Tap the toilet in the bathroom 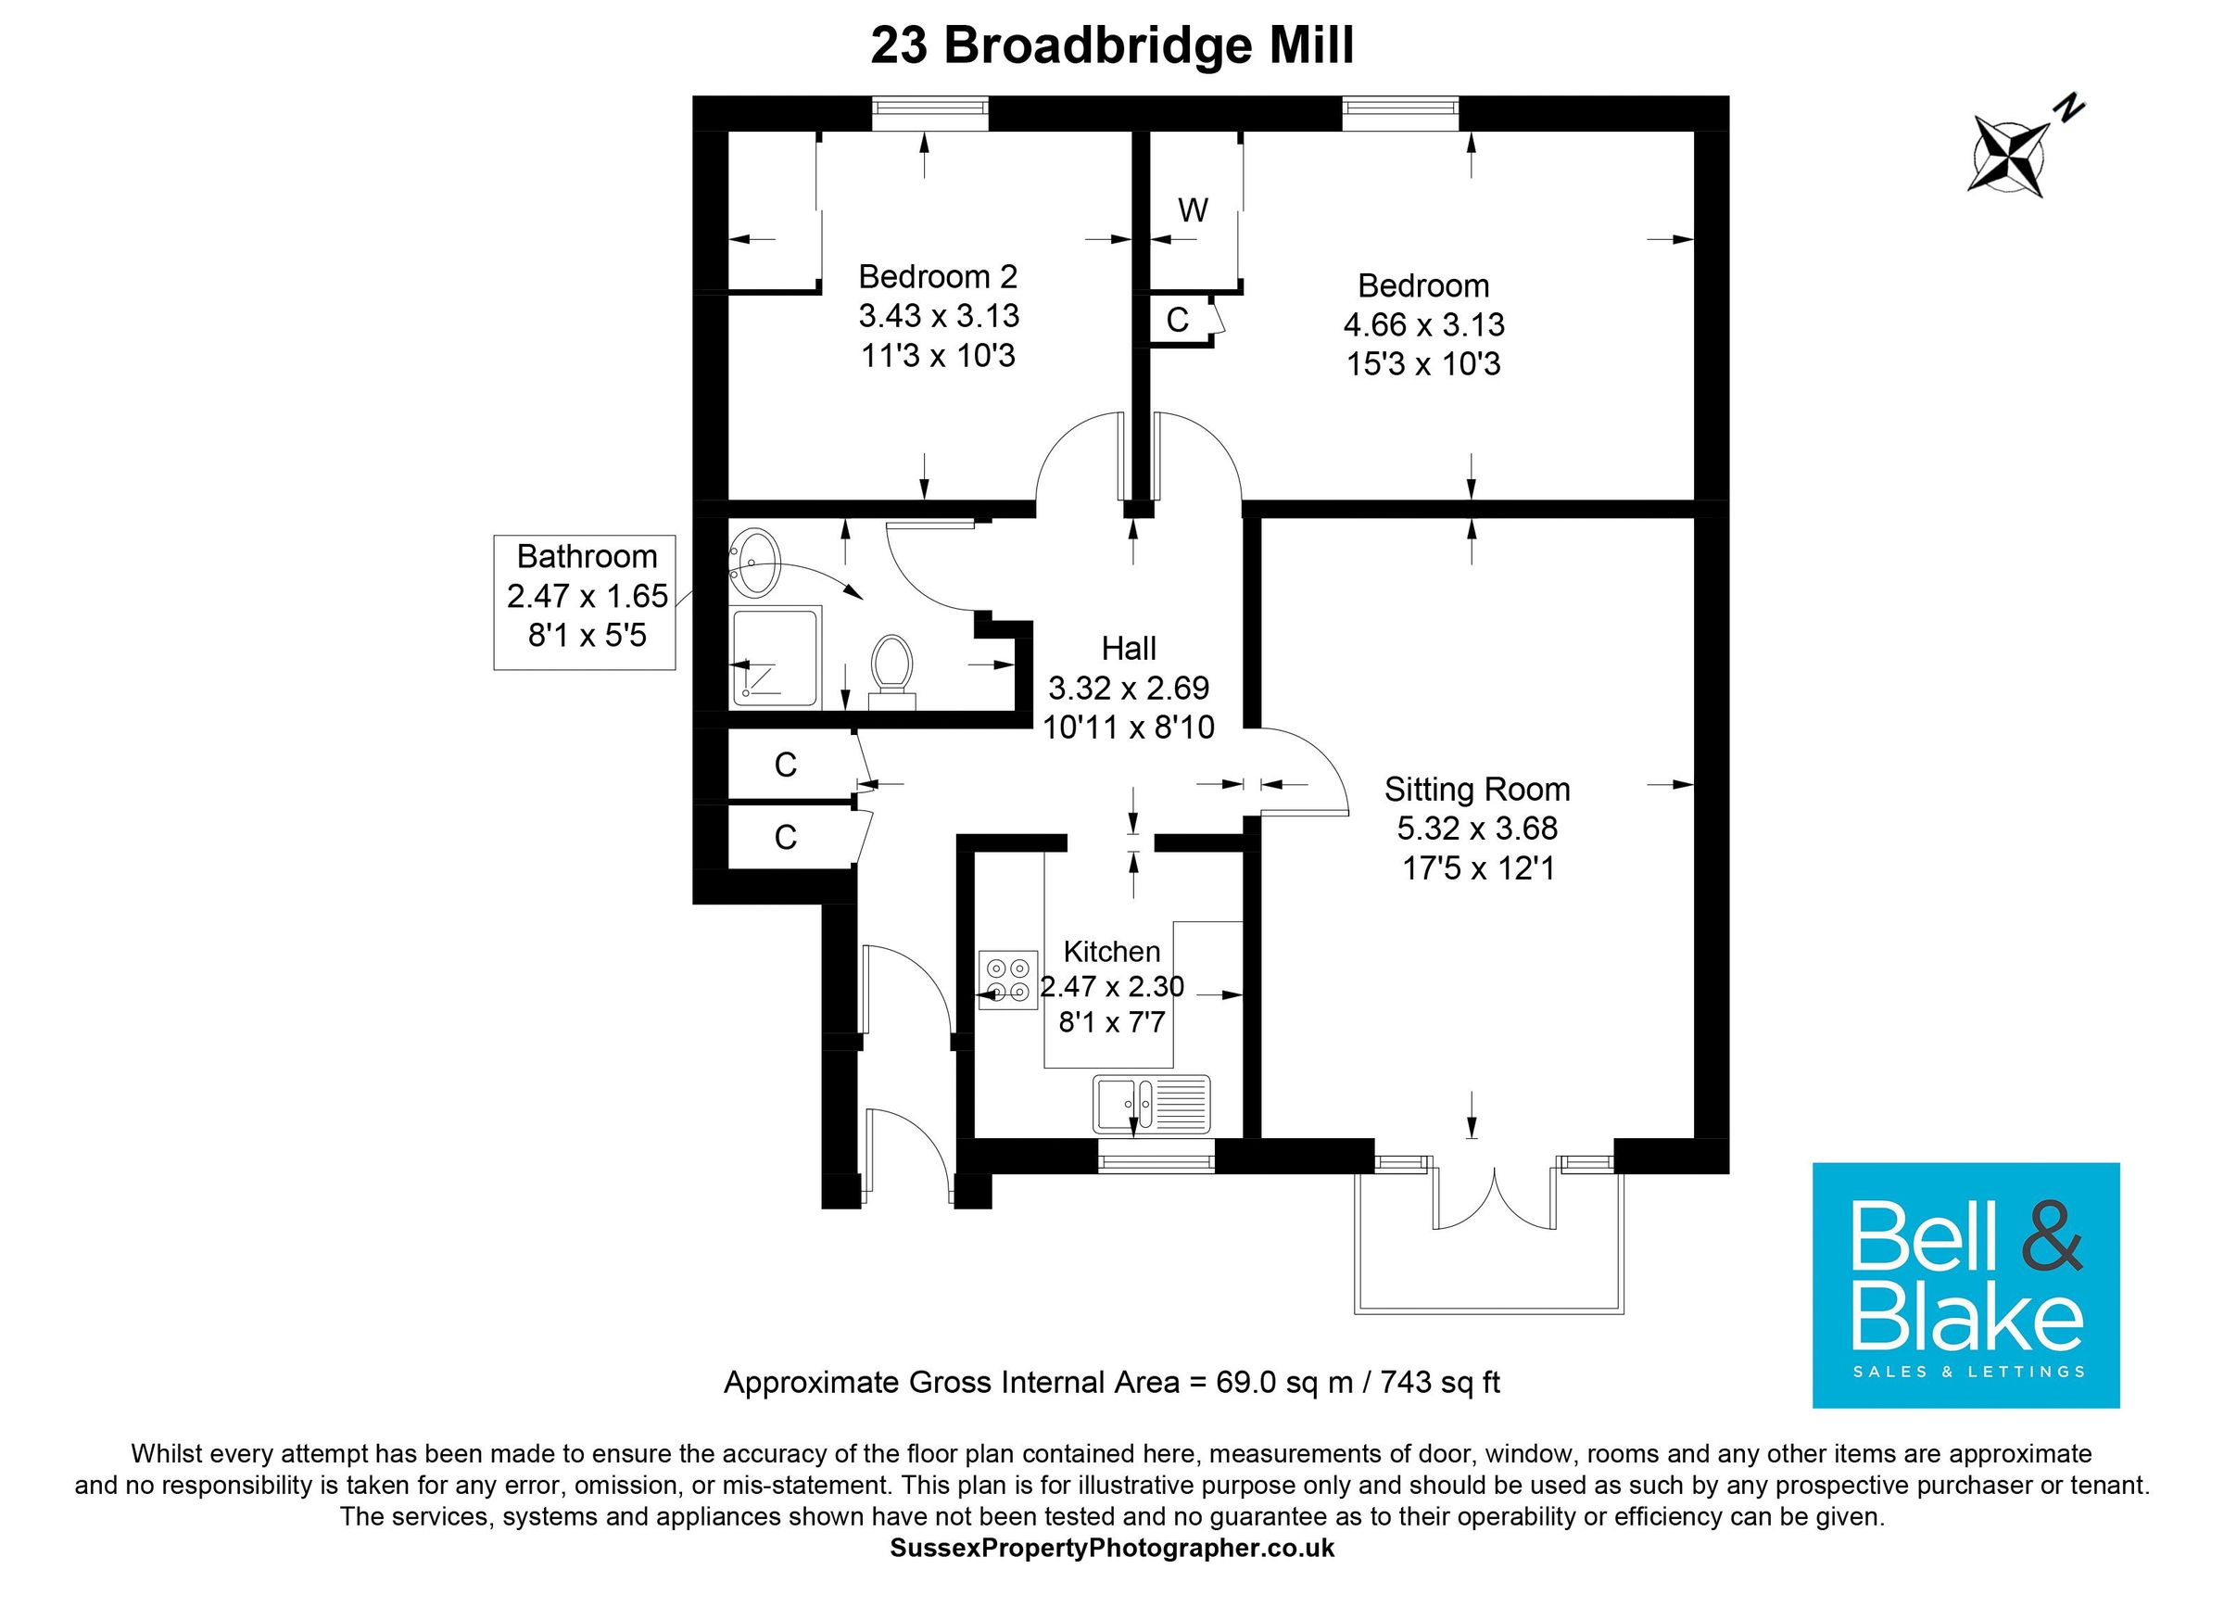pos(891,668)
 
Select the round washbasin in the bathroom pos(754,563)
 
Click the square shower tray pos(775,657)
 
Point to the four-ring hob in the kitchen pos(1007,981)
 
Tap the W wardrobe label pos(1193,209)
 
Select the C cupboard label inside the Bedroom pos(1177,320)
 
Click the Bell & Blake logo pos(1965,1285)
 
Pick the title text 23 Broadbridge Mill pos(1112,47)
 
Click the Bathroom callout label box pos(586,601)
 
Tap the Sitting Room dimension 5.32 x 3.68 pos(1477,829)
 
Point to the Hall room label pos(1129,648)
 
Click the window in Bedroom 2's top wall pos(929,113)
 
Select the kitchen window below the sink pos(1156,1163)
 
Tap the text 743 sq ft pos(1440,1383)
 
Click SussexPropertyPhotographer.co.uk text pos(1112,1549)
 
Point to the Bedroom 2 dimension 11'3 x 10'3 pos(939,356)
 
